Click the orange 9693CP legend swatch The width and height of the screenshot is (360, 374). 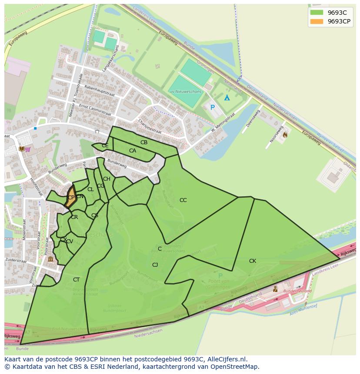[317, 21]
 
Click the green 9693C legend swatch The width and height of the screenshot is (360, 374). [317, 13]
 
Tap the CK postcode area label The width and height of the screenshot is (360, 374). [253, 261]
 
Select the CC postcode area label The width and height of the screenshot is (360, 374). [183, 200]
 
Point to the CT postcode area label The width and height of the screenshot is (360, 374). [77, 280]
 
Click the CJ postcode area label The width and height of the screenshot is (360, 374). [155, 265]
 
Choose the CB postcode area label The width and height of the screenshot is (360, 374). [144, 142]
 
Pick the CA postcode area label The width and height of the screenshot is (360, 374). [133, 151]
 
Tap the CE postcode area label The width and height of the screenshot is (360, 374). [105, 146]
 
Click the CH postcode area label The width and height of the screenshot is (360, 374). [107, 179]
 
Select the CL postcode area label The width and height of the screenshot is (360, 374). [90, 189]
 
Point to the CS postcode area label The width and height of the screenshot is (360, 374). [95, 215]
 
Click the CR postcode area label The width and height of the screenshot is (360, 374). [74, 217]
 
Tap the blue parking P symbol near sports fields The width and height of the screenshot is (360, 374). [213, 107]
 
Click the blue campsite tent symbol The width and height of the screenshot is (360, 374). [227, 98]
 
